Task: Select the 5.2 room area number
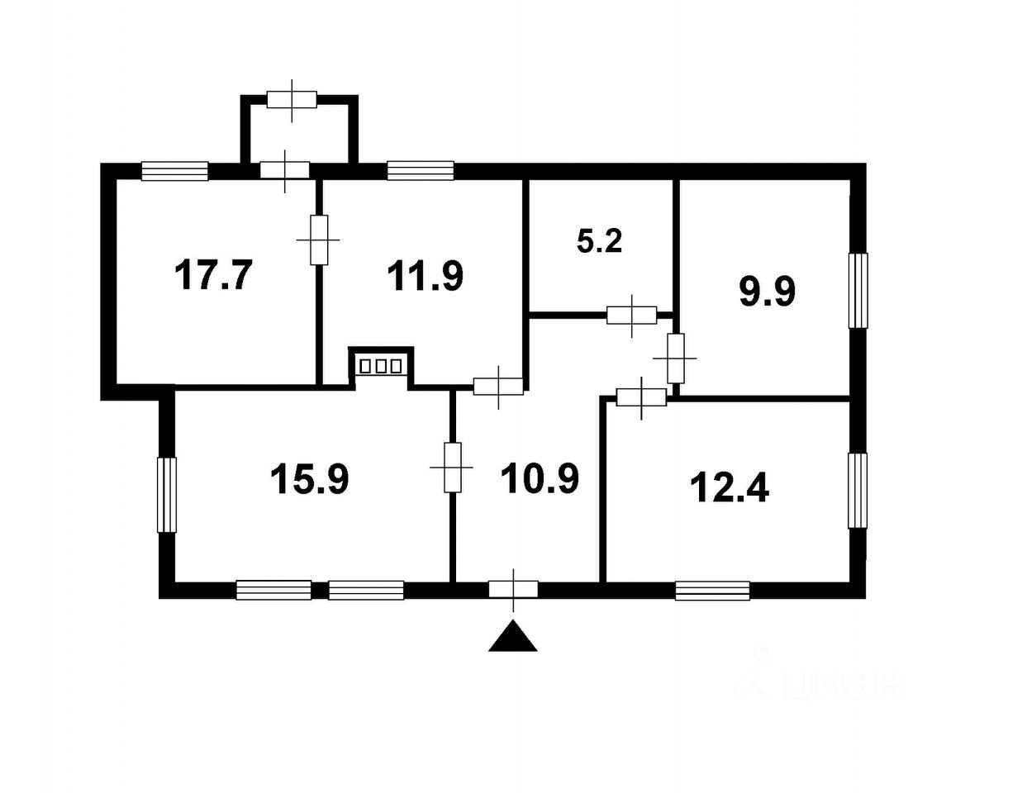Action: (x=599, y=241)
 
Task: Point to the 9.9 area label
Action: (x=768, y=292)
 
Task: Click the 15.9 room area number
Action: (x=310, y=478)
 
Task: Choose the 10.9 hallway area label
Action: (x=540, y=478)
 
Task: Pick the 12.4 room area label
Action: (x=730, y=488)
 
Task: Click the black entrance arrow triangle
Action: (x=513, y=636)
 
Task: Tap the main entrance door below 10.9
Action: (x=513, y=590)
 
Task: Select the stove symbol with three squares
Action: (x=381, y=366)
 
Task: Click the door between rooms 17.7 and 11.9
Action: (x=319, y=240)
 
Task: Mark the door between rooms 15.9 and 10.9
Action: (x=452, y=467)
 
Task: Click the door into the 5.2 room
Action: (x=632, y=315)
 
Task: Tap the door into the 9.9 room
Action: (x=675, y=359)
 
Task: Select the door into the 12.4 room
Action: (x=641, y=397)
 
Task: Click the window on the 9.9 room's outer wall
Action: (x=858, y=291)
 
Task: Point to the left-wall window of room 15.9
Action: (x=167, y=495)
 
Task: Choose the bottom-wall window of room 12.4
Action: (x=713, y=591)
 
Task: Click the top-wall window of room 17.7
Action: (x=175, y=171)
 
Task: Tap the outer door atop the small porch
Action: (x=292, y=100)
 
